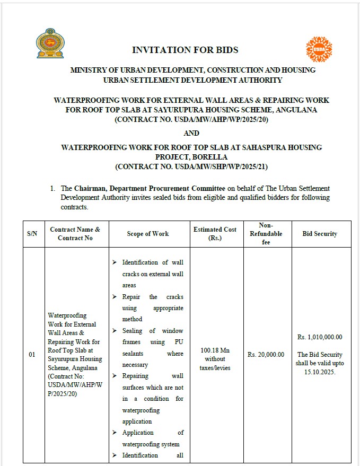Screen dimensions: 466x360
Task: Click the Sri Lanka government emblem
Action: tap(50, 44)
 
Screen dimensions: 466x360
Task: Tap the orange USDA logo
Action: tap(319, 49)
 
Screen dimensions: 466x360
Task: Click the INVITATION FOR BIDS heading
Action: tap(185, 50)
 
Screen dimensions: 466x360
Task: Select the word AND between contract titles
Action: tap(192, 133)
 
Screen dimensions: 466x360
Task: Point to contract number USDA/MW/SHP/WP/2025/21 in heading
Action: tap(192, 166)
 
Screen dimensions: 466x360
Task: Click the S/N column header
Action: tap(32, 234)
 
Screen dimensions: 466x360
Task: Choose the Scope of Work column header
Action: tap(148, 234)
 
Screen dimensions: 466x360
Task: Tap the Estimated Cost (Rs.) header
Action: tap(215, 234)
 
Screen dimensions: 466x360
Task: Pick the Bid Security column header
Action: tap(319, 234)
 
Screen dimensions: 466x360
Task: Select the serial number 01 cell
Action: tap(32, 355)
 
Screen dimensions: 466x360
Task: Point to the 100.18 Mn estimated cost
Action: tap(215, 350)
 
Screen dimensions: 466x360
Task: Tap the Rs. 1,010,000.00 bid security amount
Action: tap(320, 337)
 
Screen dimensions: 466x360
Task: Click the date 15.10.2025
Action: tap(320, 372)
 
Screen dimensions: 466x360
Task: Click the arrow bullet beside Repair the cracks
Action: tap(115, 297)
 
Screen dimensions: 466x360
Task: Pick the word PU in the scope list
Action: tap(178, 342)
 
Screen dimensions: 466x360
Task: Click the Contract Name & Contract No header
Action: tap(75, 234)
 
